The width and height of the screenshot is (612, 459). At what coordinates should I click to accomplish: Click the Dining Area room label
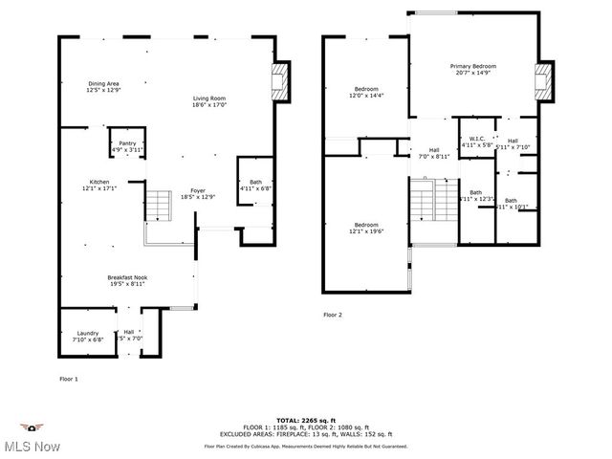coord(103,86)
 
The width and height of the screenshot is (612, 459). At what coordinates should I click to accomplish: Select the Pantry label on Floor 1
coord(126,146)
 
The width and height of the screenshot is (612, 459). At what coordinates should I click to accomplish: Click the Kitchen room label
coord(99,185)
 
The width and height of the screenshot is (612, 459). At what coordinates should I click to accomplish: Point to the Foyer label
coord(197,192)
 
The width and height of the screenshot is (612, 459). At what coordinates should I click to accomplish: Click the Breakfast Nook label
coord(126,280)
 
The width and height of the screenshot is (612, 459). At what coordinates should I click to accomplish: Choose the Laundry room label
coord(87,336)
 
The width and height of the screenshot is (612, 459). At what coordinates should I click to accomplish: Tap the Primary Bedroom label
coord(474,70)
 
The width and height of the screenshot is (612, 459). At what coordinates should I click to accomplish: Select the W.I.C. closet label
coord(476,142)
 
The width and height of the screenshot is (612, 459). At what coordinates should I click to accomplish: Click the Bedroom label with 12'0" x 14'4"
coord(366,92)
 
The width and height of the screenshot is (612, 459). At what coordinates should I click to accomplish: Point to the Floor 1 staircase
coord(158,206)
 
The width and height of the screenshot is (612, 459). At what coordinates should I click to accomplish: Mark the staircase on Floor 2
coord(423,204)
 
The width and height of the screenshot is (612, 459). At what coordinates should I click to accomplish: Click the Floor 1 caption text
coord(69,379)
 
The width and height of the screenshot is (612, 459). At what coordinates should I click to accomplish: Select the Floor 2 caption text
coord(332,314)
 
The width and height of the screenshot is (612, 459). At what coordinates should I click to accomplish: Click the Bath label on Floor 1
coord(255,186)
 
